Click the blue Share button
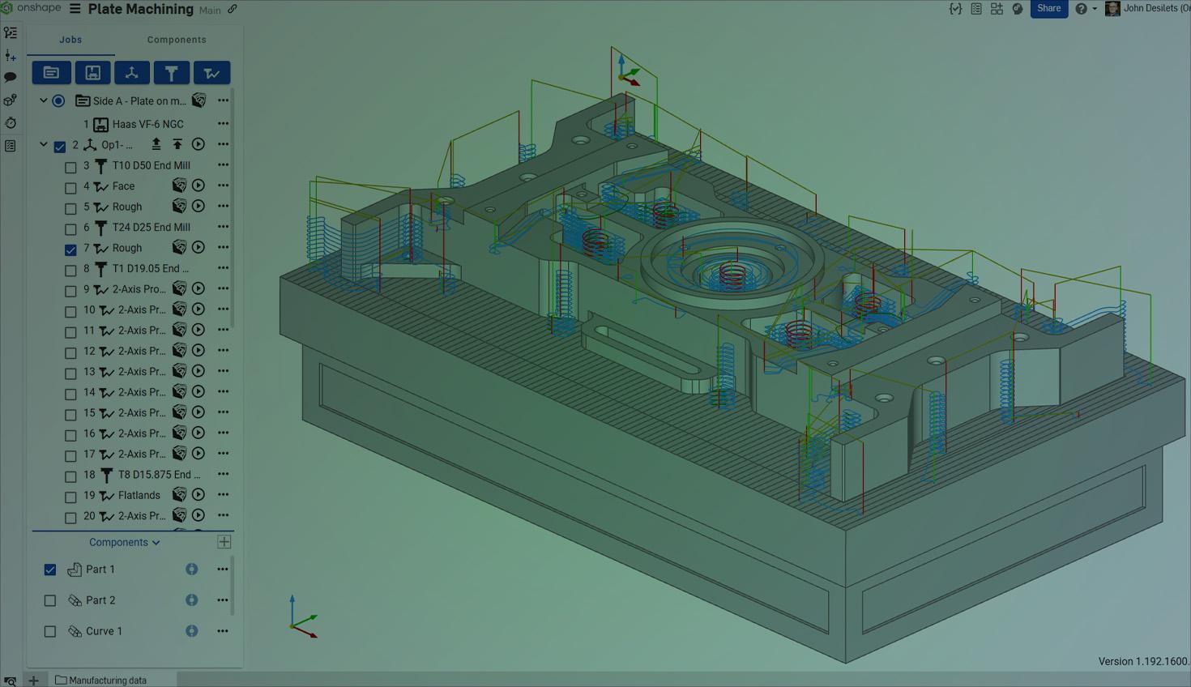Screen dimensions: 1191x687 pos(1048,9)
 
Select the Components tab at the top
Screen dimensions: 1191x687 pos(177,40)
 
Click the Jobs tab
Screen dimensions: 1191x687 pos(70,40)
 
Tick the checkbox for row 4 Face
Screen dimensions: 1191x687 pos(70,188)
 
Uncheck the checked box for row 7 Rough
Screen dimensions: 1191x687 pos(70,250)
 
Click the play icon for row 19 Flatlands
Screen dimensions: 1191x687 pos(198,495)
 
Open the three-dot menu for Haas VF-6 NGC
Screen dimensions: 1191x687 pos(223,124)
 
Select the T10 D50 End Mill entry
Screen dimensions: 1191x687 pos(151,165)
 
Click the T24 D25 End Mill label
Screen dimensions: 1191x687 pos(151,227)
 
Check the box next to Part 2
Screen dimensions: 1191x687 pos(50,600)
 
